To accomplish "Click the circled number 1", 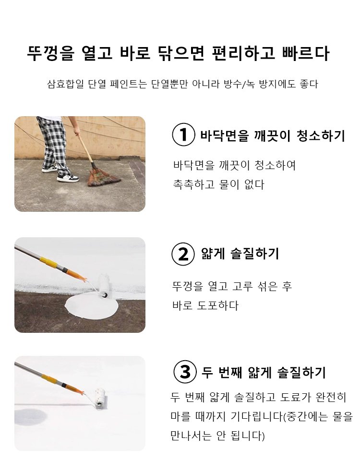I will pyautogui.click(x=183, y=135).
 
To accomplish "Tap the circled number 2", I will pyautogui.click(x=183, y=254).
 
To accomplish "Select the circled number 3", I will pyautogui.click(x=184, y=372).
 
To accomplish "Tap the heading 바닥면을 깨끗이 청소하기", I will pyautogui.click(x=272, y=136).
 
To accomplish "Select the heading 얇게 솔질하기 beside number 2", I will pyautogui.click(x=240, y=254).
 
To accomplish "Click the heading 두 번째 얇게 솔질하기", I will pyautogui.click(x=264, y=372).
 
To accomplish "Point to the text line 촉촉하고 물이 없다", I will pyautogui.click(x=218, y=185).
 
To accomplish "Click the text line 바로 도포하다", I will pyautogui.click(x=205, y=305).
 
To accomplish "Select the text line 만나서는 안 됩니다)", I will pyautogui.click(x=217, y=436).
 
